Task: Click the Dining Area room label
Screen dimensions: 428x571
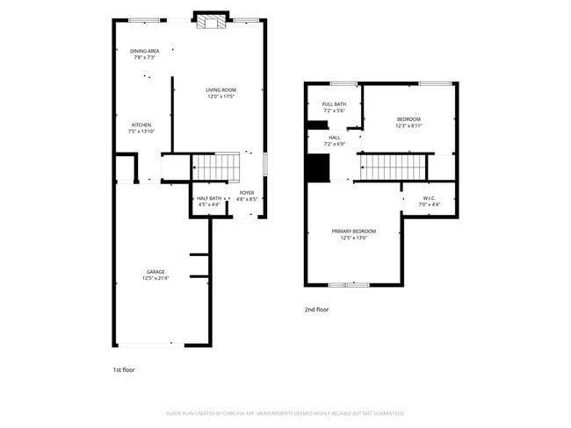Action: (144, 51)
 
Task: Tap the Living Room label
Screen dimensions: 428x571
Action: (221, 89)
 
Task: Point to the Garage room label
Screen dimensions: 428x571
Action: (155, 272)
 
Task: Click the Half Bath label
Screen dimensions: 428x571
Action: (208, 198)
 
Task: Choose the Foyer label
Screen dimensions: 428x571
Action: (247, 192)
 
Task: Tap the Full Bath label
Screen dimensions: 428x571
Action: (334, 104)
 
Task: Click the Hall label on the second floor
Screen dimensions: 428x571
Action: (334, 137)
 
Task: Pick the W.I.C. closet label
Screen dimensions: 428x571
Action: (430, 198)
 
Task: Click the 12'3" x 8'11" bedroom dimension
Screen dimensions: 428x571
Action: (408, 126)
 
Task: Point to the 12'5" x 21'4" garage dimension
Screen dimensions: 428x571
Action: (155, 278)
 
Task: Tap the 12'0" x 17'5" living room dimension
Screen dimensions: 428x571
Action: (221, 96)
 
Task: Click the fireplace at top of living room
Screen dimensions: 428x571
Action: (210, 21)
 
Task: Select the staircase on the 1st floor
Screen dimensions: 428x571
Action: (216, 165)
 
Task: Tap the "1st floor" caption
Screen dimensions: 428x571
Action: (125, 370)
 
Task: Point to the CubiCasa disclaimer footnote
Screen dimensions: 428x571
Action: (285, 412)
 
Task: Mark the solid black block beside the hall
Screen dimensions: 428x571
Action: (315, 168)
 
